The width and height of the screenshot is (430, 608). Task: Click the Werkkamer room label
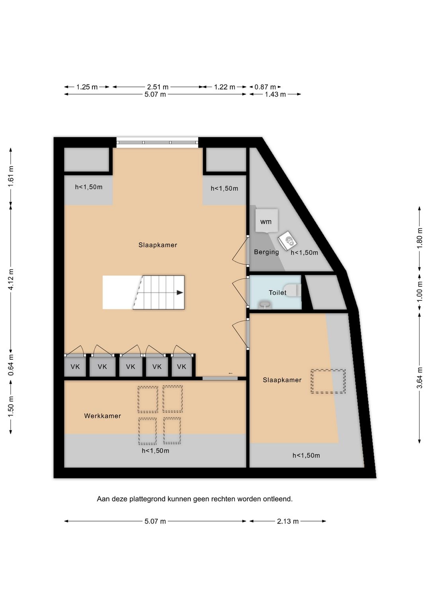coord(102,416)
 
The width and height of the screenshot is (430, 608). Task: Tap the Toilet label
coord(278,292)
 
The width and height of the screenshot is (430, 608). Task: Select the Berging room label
coord(266,252)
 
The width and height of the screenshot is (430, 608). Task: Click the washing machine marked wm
coord(267,221)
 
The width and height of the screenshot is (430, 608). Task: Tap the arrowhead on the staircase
coord(180,292)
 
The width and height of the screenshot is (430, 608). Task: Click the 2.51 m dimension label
coord(158,87)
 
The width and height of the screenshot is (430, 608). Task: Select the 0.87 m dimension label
coord(265,87)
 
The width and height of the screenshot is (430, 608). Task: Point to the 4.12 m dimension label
coord(11,279)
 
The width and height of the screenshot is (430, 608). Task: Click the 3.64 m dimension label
coord(419,378)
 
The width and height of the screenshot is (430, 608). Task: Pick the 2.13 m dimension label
coord(287,521)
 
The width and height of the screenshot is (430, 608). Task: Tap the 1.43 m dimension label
coord(275,94)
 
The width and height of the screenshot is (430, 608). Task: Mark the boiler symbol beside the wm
coord(287,241)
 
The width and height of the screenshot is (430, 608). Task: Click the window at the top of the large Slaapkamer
coord(157,143)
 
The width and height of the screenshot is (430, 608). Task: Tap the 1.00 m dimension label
coord(419,291)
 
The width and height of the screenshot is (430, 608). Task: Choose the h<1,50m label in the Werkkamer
coord(155,451)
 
